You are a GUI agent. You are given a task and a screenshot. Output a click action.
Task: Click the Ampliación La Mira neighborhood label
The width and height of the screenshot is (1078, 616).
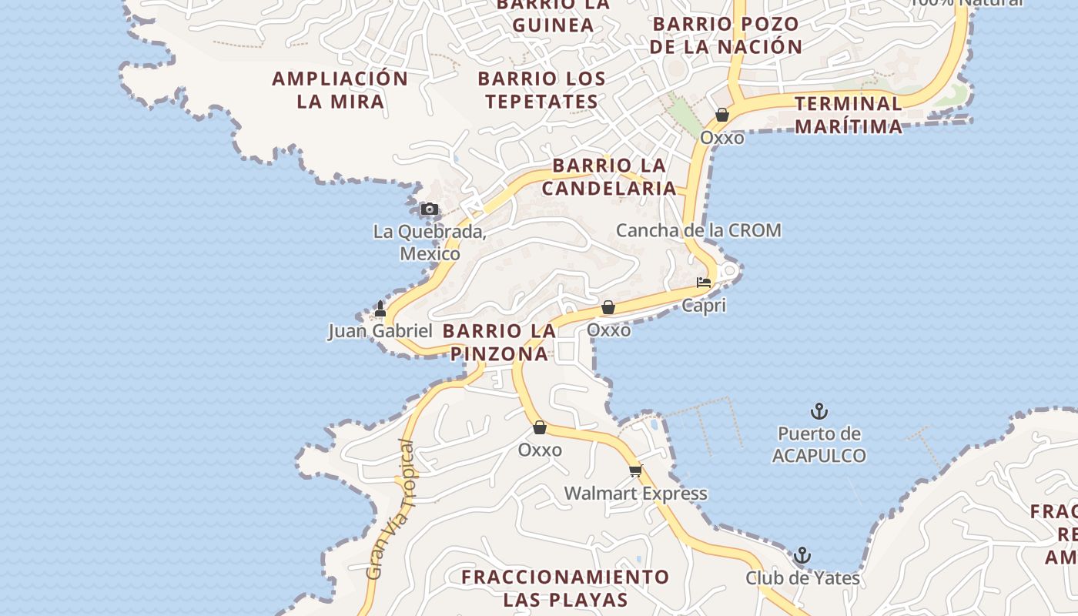[340, 89]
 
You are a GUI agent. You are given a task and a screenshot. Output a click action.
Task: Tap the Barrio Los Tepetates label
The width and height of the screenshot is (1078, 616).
[541, 89]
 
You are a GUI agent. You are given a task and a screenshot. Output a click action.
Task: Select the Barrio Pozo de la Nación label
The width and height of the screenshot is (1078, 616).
[725, 35]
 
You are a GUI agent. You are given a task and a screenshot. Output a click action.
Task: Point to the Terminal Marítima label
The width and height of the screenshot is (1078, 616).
[849, 115]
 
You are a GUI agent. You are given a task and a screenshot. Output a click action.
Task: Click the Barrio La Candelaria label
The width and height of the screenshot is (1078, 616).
[609, 176]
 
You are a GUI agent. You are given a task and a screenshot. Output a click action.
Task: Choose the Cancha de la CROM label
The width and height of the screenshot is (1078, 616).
[698, 230]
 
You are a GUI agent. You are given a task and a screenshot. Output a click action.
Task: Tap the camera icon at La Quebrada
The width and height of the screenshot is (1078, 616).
[430, 209]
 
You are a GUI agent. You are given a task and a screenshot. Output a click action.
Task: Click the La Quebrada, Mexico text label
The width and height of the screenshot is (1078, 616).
[430, 242]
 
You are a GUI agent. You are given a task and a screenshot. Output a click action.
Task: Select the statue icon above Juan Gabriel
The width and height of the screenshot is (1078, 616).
[380, 309]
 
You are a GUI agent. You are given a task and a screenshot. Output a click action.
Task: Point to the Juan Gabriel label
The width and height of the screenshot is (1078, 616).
[380, 331]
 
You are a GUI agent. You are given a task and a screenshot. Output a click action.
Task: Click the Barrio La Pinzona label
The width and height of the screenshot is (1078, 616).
[499, 342]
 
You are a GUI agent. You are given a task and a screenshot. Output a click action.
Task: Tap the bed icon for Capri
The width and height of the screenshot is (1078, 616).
[704, 283]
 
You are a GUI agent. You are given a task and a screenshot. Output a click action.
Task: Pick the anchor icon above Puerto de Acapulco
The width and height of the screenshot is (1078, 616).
[819, 411]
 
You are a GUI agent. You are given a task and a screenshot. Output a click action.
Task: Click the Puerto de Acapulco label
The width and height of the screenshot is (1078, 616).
[819, 444]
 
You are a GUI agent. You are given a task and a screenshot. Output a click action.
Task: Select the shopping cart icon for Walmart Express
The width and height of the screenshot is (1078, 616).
[635, 470]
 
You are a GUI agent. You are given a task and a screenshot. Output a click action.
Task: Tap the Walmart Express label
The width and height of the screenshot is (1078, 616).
[635, 493]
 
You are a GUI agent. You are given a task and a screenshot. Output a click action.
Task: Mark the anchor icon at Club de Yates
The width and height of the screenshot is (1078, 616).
[802, 555]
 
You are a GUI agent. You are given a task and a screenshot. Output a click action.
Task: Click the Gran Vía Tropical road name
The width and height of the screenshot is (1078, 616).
[390, 509]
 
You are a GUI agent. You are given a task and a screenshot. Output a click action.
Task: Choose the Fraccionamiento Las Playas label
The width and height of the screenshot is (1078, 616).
[565, 588]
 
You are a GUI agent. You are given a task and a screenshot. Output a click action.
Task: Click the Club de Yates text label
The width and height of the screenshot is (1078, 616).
[802, 577]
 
